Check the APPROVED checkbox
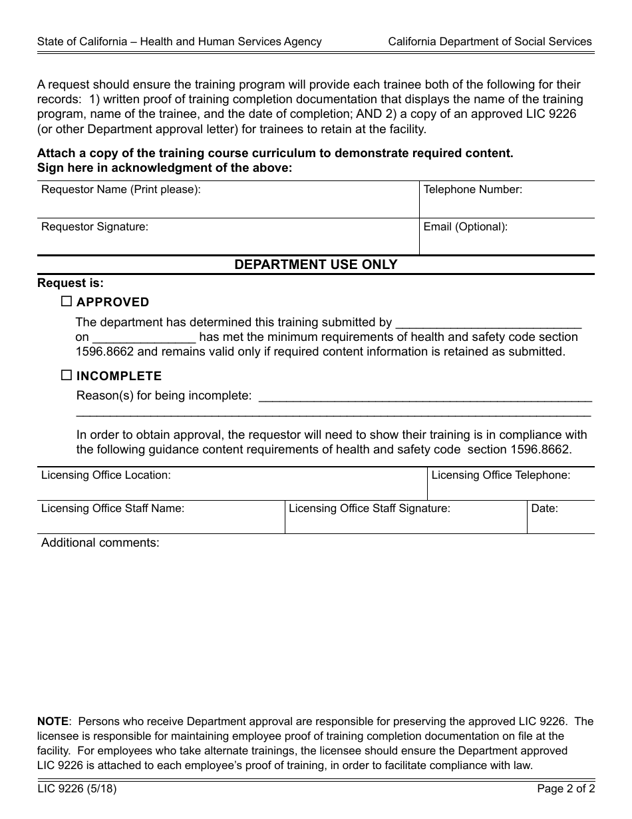(67, 302)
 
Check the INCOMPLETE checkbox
(67, 376)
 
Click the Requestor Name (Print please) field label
(120, 190)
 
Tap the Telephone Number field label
(472, 190)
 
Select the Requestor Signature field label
(94, 227)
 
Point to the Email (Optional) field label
(465, 227)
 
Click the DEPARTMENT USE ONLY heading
(315, 264)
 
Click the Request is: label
(71, 283)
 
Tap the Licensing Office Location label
(106, 475)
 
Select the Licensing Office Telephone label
(500, 475)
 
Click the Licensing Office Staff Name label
(112, 509)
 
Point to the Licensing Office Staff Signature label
(369, 509)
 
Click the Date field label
(544, 509)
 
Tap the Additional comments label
(100, 543)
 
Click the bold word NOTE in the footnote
(53, 722)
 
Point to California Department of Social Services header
(490, 41)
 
